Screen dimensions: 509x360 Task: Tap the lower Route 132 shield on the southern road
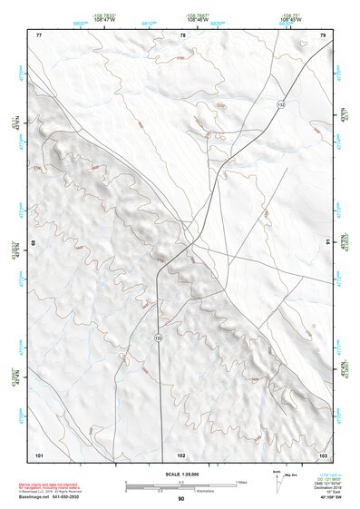click(158, 338)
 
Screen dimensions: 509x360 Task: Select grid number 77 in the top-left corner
click(39, 34)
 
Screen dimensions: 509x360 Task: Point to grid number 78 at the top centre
click(183, 34)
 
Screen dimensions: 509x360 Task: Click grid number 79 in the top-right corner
click(322, 34)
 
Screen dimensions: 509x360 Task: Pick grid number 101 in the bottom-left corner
click(39, 453)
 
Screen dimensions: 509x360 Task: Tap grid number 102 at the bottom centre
click(181, 453)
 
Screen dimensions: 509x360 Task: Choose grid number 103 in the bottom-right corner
click(322, 453)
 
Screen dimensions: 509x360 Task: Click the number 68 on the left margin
click(34, 243)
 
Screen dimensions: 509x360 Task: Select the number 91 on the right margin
click(327, 243)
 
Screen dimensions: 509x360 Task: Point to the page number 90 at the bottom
click(181, 499)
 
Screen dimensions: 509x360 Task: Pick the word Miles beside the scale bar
click(241, 481)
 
